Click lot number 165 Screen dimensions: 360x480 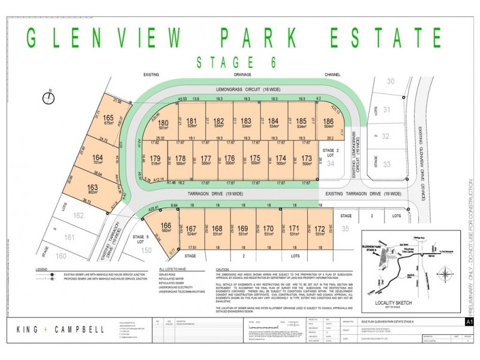tap(109, 118)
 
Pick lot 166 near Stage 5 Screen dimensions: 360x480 tap(166, 226)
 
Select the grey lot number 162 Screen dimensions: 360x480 tap(79, 214)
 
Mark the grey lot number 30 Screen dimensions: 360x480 tap(391, 81)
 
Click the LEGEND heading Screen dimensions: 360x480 tap(41, 269)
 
